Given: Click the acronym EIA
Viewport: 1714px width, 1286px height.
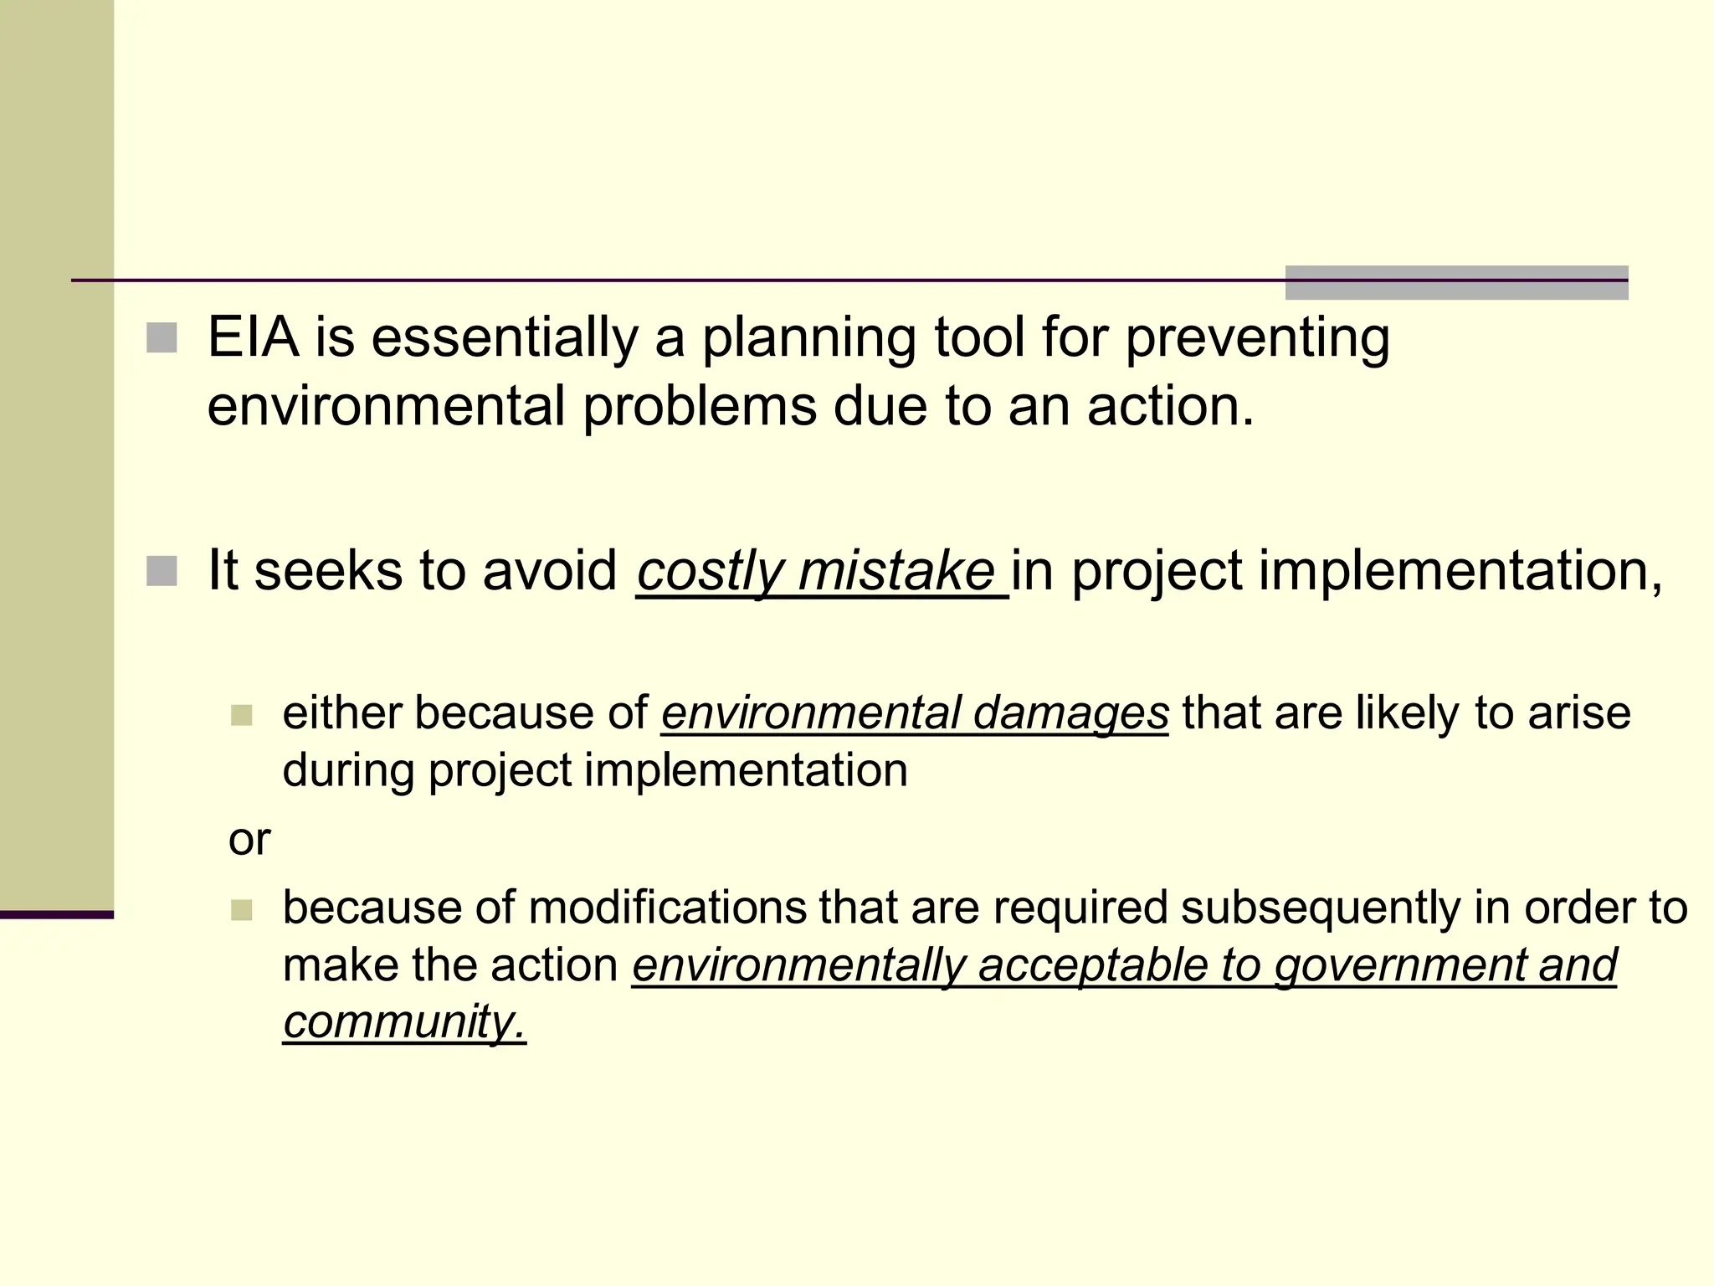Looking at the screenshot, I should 253,337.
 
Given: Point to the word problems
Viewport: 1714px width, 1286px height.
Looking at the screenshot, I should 699,407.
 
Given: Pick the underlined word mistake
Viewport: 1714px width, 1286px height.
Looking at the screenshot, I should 896,572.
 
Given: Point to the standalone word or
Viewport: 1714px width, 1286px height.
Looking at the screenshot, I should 249,840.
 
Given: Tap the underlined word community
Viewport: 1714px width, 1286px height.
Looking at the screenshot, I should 404,1022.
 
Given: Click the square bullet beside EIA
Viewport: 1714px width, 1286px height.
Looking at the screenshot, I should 162,338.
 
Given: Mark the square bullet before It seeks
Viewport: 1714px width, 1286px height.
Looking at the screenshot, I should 162,571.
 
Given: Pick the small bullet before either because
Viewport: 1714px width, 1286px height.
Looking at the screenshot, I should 241,715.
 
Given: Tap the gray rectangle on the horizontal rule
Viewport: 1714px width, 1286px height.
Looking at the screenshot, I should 1456,283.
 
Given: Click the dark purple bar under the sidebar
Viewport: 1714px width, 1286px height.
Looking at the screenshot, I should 56,914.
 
